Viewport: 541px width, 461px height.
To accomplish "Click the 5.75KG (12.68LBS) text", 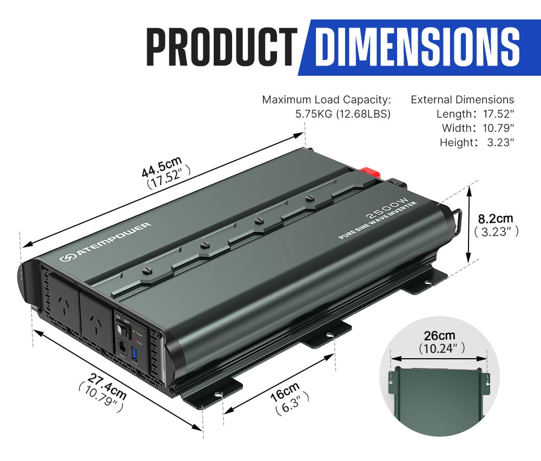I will pyautogui.click(x=342, y=114).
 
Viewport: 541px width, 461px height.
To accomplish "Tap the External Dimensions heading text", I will pyautogui.click(x=462, y=100).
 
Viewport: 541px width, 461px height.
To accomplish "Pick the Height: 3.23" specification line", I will pyautogui.click(x=476, y=142).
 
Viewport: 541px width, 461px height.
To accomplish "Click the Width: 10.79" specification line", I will pyautogui.click(x=477, y=128).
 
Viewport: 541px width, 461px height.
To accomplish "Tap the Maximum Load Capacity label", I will pyautogui.click(x=326, y=100).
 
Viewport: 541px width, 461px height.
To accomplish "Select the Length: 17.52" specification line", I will pyautogui.click(x=475, y=114).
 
